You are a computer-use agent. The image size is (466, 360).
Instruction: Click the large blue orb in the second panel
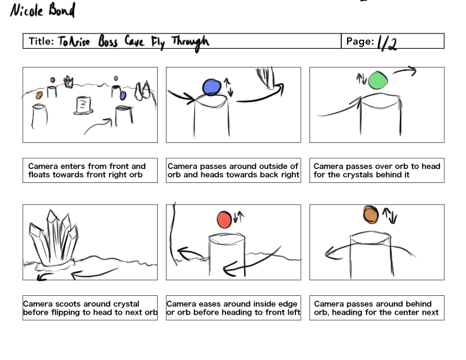pyautogui.click(x=211, y=87)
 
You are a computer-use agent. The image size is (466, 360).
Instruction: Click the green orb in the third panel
pyautogui.click(x=380, y=79)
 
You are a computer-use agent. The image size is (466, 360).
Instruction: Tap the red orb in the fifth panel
pyautogui.click(x=224, y=219)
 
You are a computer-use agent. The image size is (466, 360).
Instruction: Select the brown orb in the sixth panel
pyautogui.click(x=371, y=214)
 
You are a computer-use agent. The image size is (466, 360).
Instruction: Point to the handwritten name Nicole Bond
pyautogui.click(x=42, y=11)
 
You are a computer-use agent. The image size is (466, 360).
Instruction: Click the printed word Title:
pyautogui.click(x=42, y=41)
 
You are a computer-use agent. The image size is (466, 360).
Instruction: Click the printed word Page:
pyautogui.click(x=360, y=41)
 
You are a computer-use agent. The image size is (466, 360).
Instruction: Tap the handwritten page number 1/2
pyautogui.click(x=387, y=42)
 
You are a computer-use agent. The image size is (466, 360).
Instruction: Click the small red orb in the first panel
pyautogui.click(x=53, y=79)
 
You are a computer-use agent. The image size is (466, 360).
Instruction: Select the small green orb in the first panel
pyautogui.click(x=116, y=78)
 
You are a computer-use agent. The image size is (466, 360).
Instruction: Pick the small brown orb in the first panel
pyautogui.click(x=39, y=95)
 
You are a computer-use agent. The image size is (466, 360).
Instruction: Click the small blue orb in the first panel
pyautogui.click(x=123, y=95)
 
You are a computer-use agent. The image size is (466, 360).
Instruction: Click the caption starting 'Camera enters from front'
pyautogui.click(x=90, y=170)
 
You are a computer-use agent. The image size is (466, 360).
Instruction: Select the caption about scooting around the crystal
pyautogui.click(x=90, y=308)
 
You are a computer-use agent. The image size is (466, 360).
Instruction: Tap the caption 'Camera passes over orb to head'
pyautogui.click(x=377, y=170)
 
